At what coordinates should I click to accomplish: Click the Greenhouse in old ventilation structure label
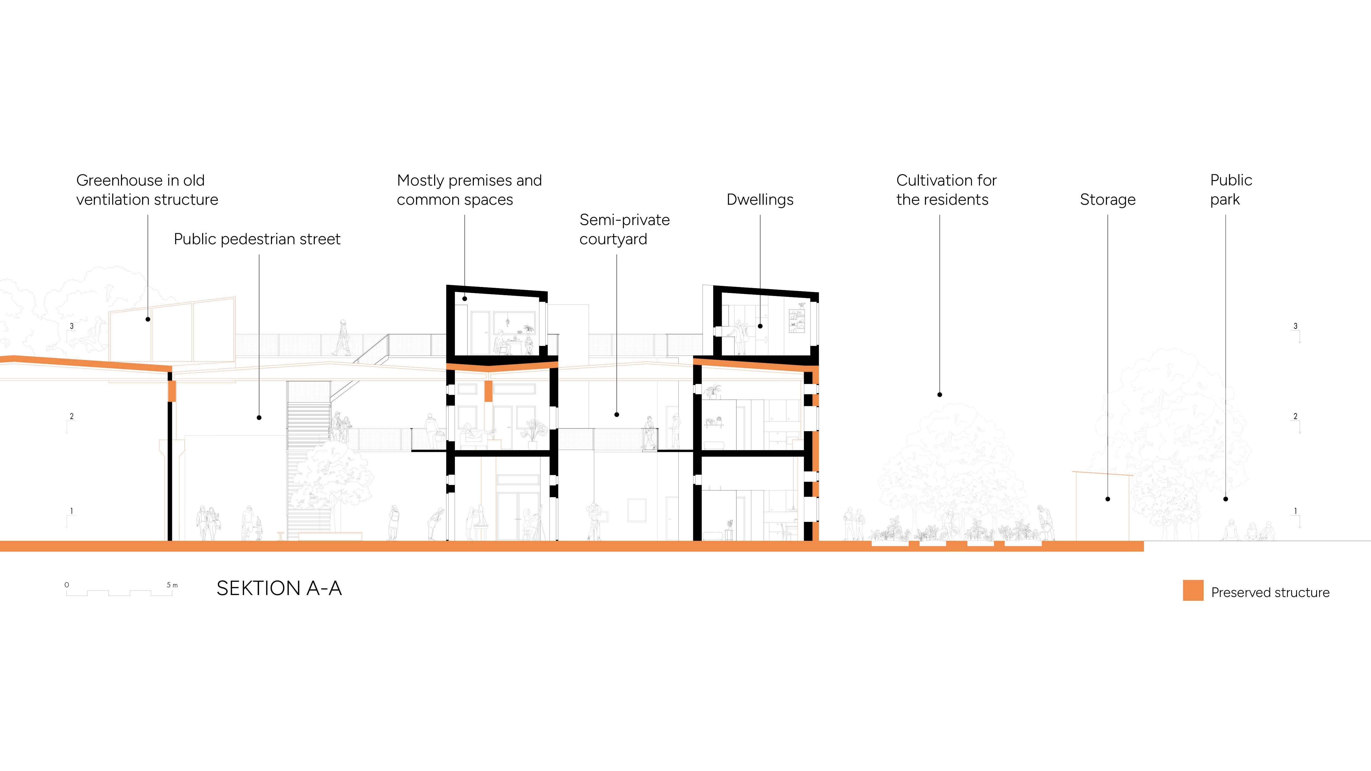[147, 190]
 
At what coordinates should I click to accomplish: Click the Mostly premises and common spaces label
[469, 190]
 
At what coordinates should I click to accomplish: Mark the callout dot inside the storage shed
[1107, 499]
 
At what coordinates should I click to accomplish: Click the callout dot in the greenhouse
[148, 319]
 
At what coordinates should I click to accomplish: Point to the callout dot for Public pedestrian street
[259, 418]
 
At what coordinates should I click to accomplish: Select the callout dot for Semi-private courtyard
[617, 414]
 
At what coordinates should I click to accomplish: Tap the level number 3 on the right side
[1295, 326]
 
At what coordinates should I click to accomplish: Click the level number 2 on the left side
[72, 416]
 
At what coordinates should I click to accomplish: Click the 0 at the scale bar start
[67, 585]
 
